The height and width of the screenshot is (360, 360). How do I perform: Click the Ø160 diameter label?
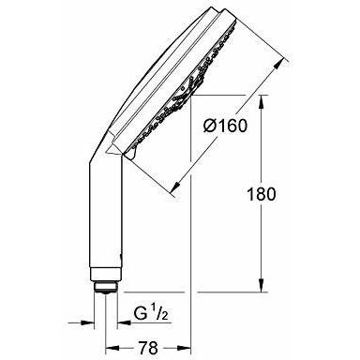[x=225, y=126]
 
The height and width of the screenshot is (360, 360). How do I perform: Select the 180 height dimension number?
[x=262, y=194]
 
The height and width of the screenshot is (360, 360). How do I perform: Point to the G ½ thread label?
[x=151, y=314]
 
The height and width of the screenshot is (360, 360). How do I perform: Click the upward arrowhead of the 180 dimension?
[x=262, y=102]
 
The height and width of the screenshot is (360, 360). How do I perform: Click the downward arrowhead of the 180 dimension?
[x=262, y=285]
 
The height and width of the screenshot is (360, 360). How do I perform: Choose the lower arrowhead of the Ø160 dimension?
[x=176, y=187]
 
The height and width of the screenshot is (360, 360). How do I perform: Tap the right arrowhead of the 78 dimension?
[x=184, y=348]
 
